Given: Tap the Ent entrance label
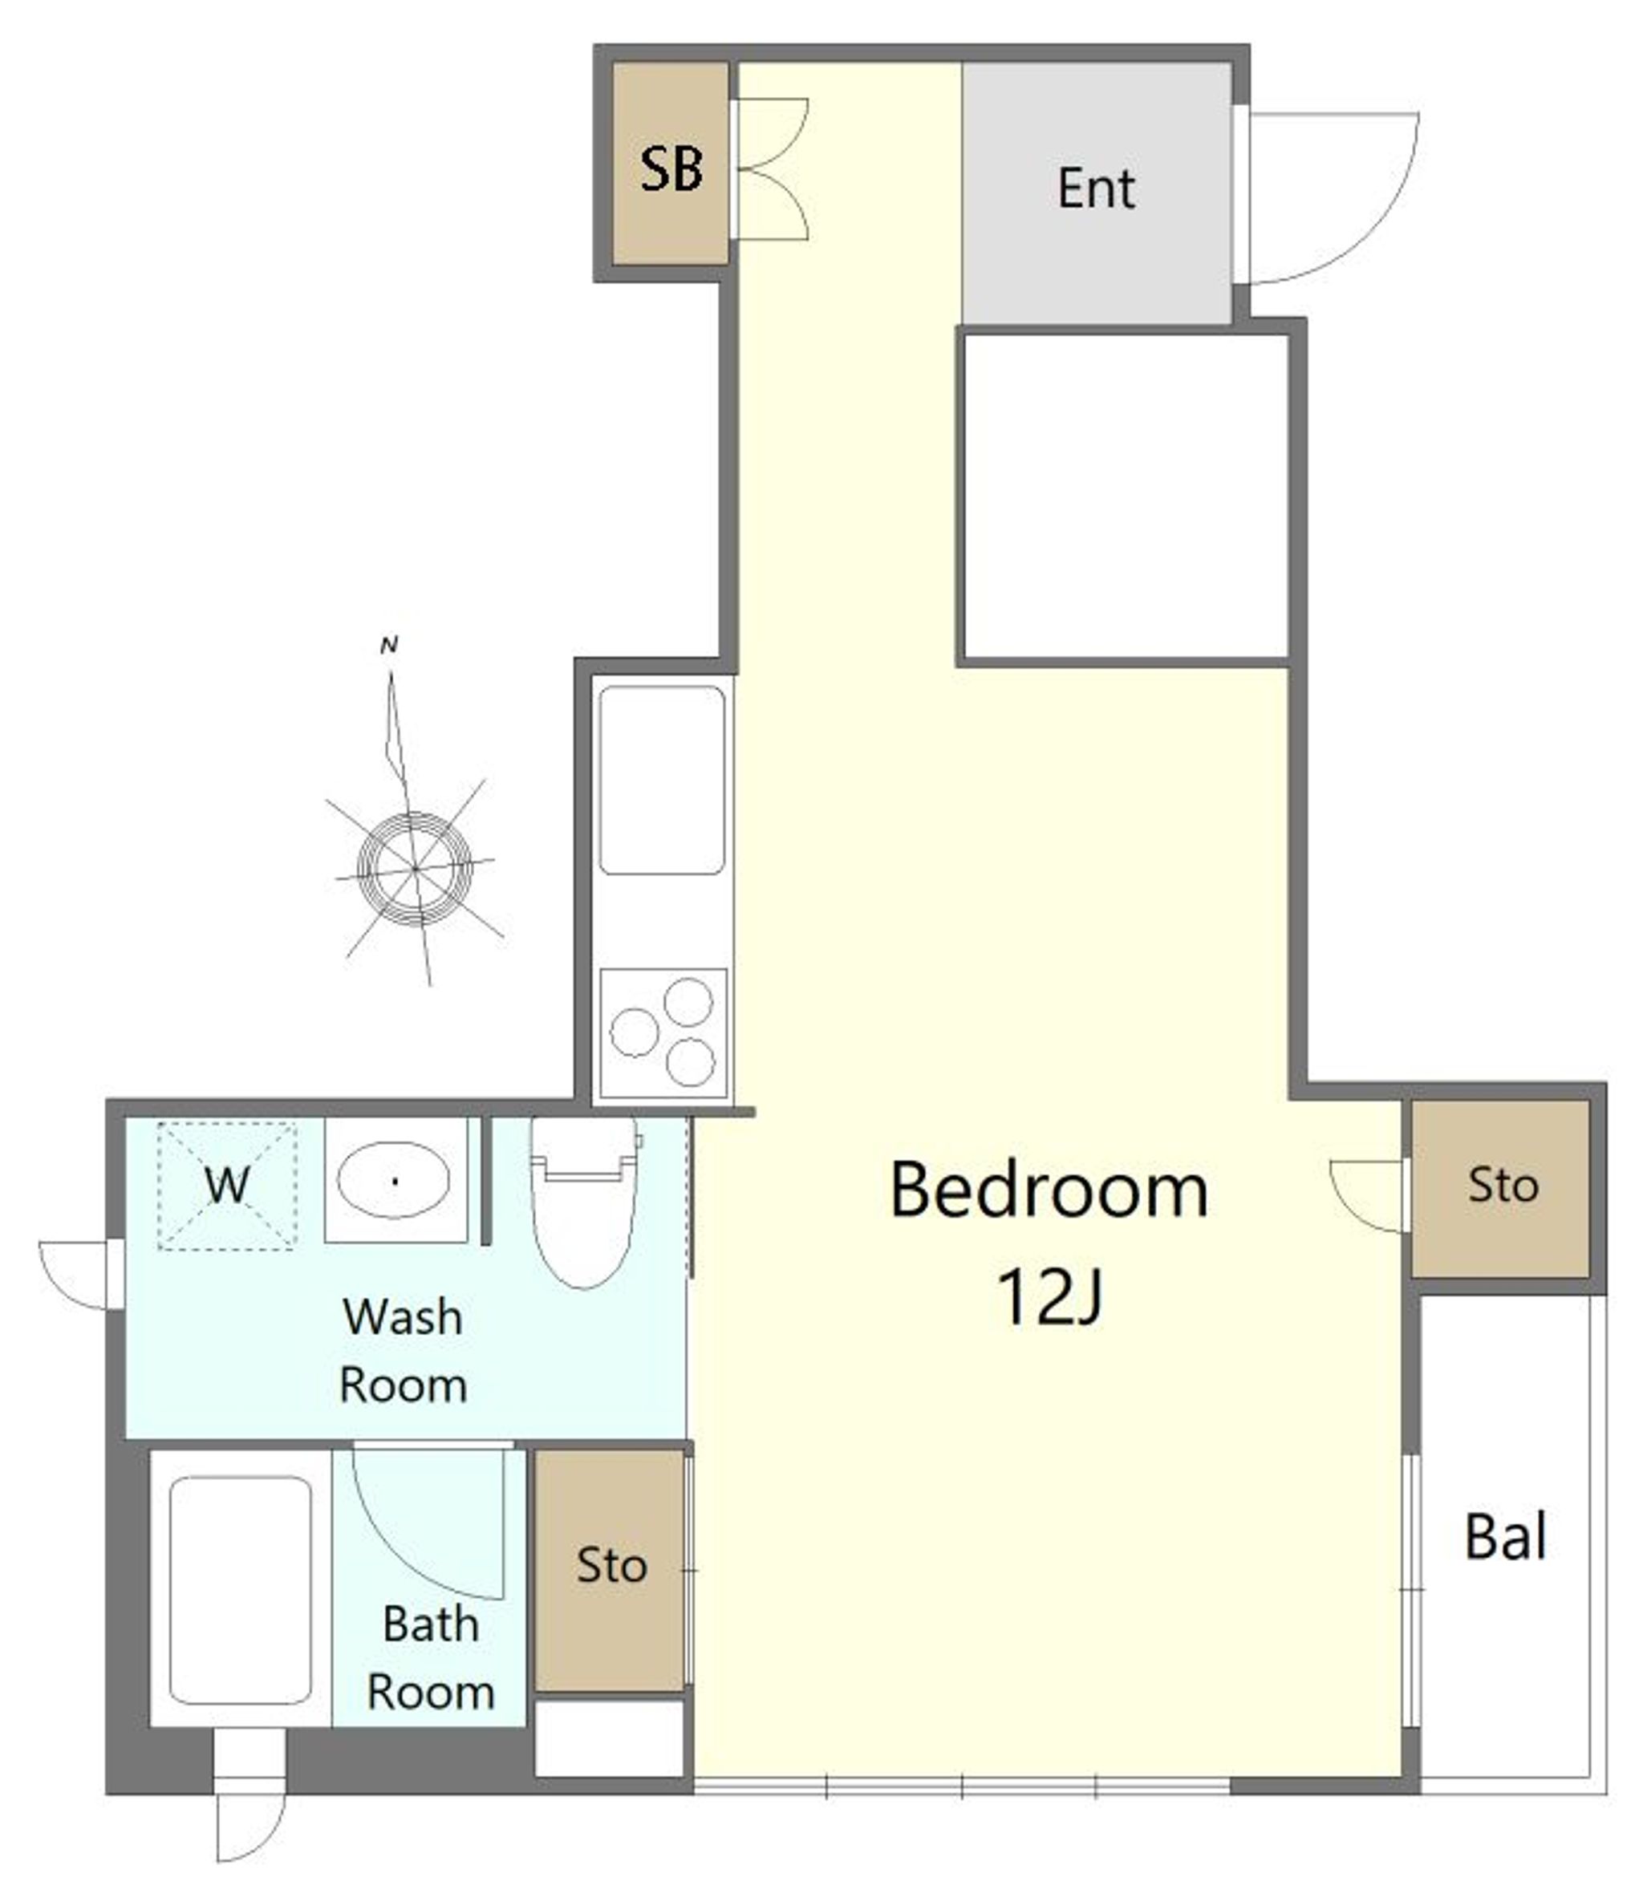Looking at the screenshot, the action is point(1096,189).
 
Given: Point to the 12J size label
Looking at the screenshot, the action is point(1049,1296).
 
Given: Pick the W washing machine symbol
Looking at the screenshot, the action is point(227,1185).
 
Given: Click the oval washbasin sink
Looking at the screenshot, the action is point(394,1181).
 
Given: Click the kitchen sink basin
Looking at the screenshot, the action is point(662,781).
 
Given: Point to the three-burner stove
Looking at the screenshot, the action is point(663,1032).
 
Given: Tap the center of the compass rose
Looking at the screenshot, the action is point(415,867).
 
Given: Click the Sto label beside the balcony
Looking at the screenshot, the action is point(1503,1185).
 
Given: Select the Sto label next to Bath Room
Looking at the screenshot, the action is point(611,1565).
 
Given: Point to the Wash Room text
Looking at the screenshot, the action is point(403,1351).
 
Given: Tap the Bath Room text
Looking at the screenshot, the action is point(431,1659).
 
